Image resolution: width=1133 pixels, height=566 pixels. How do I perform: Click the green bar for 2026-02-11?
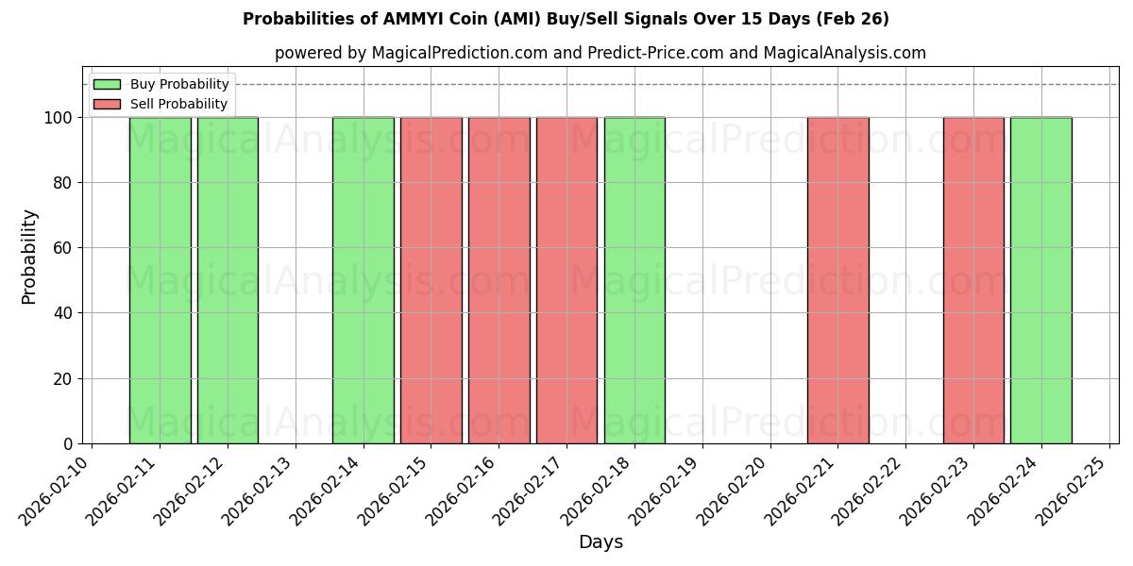[x=160, y=280]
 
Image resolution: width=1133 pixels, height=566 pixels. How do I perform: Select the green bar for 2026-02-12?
[x=228, y=280]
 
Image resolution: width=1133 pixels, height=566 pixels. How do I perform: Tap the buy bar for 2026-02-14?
[x=363, y=280]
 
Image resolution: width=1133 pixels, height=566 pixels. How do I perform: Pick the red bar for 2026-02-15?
[x=431, y=280]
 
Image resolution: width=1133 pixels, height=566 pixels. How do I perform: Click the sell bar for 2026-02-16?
[x=499, y=280]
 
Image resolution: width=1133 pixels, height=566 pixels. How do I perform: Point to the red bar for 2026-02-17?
[x=566, y=280]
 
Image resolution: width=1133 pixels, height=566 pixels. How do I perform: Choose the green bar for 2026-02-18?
[x=634, y=280]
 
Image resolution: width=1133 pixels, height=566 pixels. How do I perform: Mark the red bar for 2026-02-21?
[x=837, y=280]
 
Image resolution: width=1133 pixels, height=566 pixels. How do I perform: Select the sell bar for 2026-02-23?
[x=973, y=280]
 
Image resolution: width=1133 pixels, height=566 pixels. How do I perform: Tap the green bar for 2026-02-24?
[x=1040, y=280]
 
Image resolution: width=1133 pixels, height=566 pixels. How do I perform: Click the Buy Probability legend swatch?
[x=107, y=85]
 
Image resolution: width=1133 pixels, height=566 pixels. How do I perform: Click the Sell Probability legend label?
[x=178, y=104]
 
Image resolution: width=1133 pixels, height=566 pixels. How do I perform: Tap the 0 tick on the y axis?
[x=69, y=444]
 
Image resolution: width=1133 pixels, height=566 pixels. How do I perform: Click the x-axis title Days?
[x=600, y=542]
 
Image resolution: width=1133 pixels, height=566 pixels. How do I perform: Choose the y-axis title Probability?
[x=29, y=257]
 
